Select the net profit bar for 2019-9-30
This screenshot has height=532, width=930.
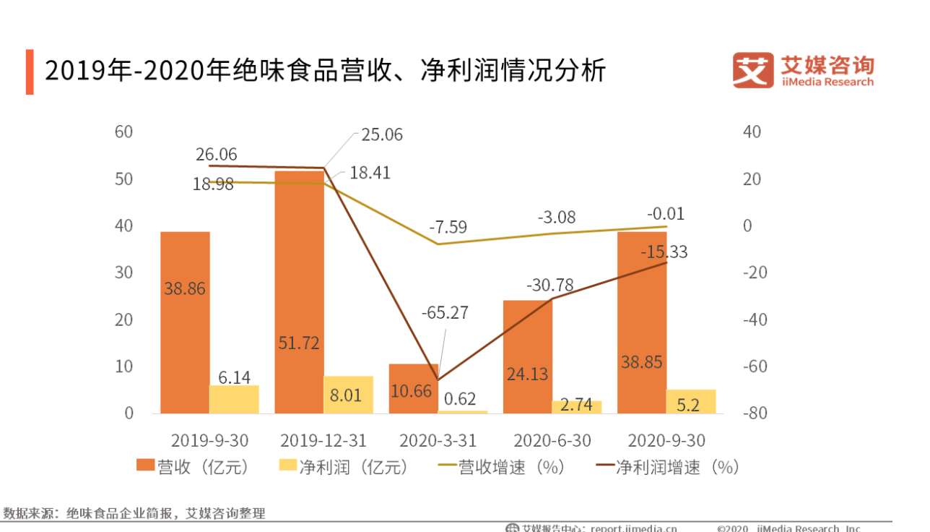234,400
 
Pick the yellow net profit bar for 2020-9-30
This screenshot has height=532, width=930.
691,402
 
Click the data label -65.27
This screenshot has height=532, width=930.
445,313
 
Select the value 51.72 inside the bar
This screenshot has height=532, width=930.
299,343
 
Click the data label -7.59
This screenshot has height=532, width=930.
448,227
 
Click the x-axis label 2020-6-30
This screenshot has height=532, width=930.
552,440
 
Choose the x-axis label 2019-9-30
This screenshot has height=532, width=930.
209,440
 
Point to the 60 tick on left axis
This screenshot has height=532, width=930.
123,132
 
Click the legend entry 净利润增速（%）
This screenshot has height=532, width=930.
668,468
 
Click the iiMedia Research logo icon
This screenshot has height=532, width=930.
752,70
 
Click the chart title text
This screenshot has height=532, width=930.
325,72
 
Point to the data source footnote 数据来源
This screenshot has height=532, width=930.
134,514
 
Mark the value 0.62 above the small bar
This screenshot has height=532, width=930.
460,399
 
